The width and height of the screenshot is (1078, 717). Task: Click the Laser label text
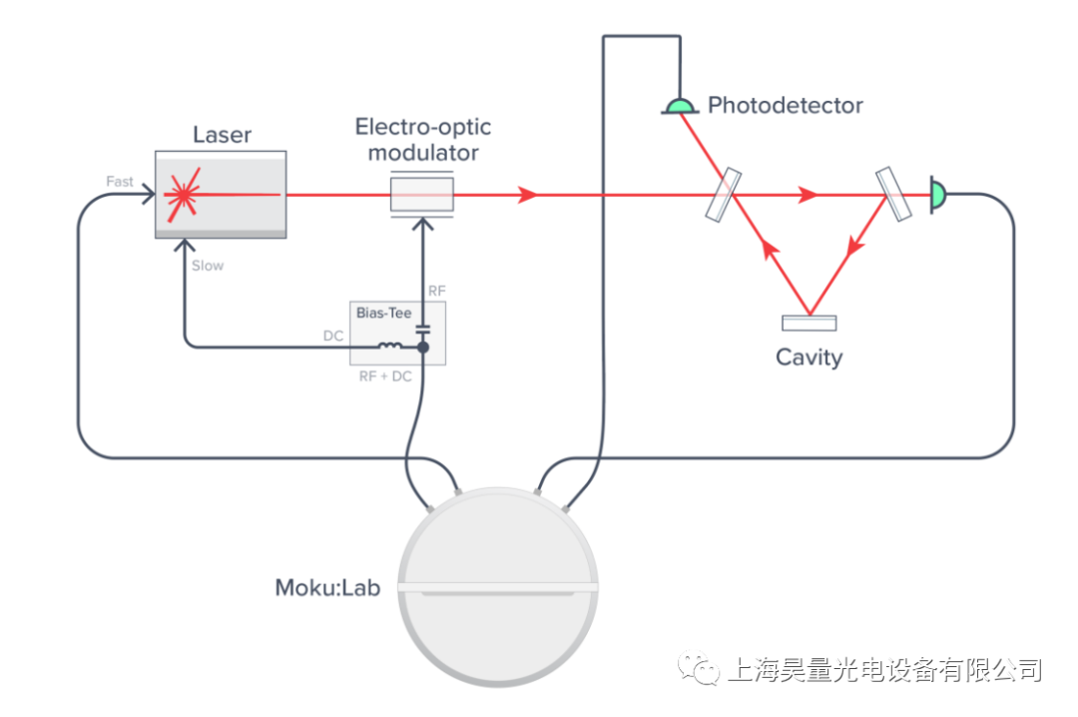click(x=222, y=135)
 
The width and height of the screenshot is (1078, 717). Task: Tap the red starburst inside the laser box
click(x=182, y=193)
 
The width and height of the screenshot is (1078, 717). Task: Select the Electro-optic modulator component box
click(x=421, y=194)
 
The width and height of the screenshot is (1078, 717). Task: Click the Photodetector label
click(x=785, y=105)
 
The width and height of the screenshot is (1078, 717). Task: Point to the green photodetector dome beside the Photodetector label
click(x=680, y=106)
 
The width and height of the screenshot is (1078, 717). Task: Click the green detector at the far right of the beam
click(x=937, y=194)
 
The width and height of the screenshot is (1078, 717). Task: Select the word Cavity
click(x=808, y=357)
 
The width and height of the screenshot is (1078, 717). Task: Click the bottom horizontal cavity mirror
click(x=808, y=323)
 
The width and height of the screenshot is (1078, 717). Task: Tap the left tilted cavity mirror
click(x=724, y=194)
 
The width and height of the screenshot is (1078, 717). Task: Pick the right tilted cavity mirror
click(x=893, y=194)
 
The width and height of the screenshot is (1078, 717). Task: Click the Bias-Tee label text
click(x=383, y=313)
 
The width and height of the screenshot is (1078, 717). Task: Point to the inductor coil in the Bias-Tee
click(x=391, y=348)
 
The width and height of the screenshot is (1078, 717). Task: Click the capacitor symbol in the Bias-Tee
click(x=422, y=328)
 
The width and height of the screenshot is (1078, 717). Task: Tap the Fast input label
click(x=120, y=181)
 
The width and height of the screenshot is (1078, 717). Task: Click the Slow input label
click(x=208, y=266)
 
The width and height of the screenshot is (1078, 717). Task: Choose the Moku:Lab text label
click(x=327, y=588)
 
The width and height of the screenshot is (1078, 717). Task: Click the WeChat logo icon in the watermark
click(x=699, y=668)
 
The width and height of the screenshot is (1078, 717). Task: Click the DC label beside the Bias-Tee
click(x=333, y=337)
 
